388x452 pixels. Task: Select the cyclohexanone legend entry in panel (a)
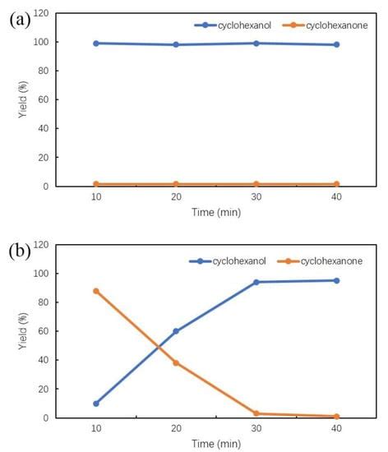[324, 25]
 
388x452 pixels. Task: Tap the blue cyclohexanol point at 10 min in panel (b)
[96, 404]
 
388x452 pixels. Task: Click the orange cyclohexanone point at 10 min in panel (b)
[96, 291]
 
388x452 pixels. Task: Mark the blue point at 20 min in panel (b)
[177, 331]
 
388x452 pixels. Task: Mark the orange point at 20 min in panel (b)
[177, 362]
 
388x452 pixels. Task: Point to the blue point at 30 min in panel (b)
[256, 282]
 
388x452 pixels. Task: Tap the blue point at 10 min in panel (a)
[96, 43]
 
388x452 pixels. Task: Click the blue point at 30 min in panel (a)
[256, 43]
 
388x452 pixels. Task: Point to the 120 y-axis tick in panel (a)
[40, 13]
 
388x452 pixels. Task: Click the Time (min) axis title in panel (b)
[216, 444]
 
